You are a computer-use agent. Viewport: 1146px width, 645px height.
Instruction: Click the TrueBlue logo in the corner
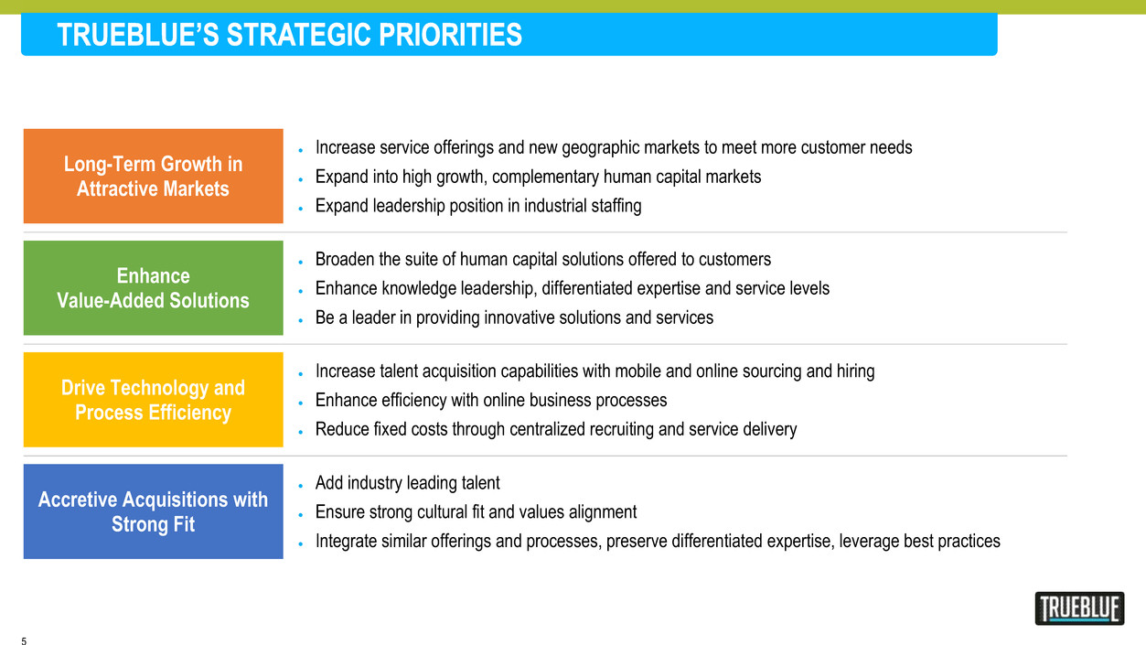click(x=1079, y=608)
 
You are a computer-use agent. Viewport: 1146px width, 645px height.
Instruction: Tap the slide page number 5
click(x=24, y=640)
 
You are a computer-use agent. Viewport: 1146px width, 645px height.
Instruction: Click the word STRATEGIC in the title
click(x=299, y=35)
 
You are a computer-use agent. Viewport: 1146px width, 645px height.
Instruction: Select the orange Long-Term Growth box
click(x=153, y=176)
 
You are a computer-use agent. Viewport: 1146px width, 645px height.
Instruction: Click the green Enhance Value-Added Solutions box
click(x=153, y=287)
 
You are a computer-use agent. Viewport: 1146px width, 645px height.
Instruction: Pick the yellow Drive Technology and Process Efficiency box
click(x=153, y=400)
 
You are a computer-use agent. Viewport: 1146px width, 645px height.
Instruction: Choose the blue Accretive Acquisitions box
click(x=153, y=511)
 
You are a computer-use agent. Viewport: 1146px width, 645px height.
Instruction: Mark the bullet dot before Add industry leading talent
click(x=300, y=486)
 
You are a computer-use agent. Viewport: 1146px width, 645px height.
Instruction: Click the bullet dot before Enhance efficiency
click(x=300, y=403)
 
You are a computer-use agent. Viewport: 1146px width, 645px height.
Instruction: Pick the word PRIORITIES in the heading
click(x=451, y=35)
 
